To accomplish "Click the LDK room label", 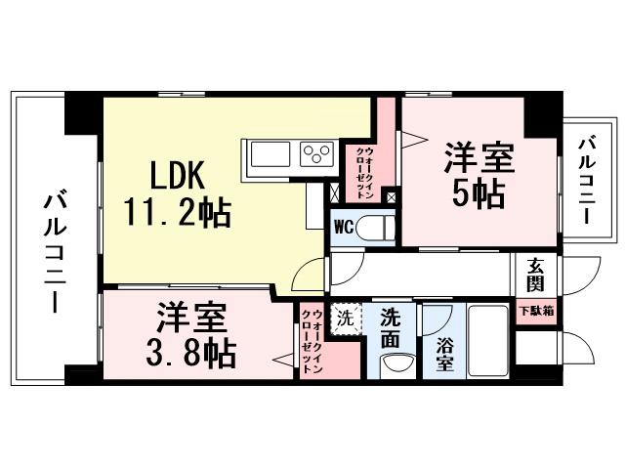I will pyautogui.click(x=176, y=176).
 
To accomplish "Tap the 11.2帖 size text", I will pyautogui.click(x=177, y=212).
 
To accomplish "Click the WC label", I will pyautogui.click(x=344, y=228).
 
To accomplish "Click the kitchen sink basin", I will pyautogui.click(x=269, y=154).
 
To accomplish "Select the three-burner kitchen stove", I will pyautogui.click(x=317, y=154).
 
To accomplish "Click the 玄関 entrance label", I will pyautogui.click(x=536, y=275).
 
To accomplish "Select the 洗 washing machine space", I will pyautogui.click(x=345, y=319).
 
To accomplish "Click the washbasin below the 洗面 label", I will pyautogui.click(x=393, y=364).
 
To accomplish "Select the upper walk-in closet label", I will pyautogui.click(x=362, y=172).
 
